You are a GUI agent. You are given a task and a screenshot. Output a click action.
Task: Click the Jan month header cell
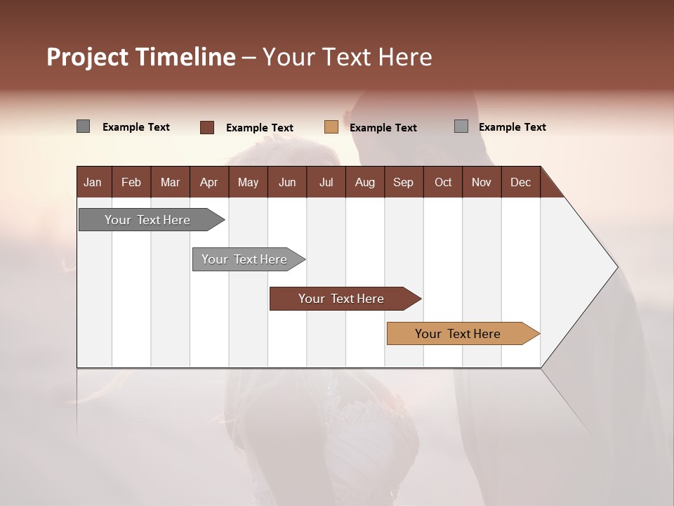tap(93, 182)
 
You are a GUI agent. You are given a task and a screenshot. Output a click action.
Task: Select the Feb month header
tap(131, 182)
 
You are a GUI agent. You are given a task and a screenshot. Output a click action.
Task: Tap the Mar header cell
tap(170, 182)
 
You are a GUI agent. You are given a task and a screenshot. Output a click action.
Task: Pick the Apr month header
tap(209, 182)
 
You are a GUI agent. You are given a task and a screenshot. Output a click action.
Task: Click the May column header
tap(248, 182)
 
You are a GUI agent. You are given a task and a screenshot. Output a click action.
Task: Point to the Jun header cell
tap(287, 182)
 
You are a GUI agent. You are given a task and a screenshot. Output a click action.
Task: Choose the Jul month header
tap(326, 182)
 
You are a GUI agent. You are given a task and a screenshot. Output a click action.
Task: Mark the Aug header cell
tap(365, 182)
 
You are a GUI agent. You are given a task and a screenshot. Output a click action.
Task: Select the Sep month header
tap(404, 182)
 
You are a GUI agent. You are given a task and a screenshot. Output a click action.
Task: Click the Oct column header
tap(443, 182)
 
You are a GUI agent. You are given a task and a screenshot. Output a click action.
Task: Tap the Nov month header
tap(482, 182)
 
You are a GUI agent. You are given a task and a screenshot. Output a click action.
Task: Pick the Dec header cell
tap(521, 182)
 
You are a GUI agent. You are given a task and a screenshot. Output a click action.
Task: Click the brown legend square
tap(207, 127)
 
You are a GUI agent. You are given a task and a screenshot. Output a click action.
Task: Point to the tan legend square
tap(331, 127)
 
